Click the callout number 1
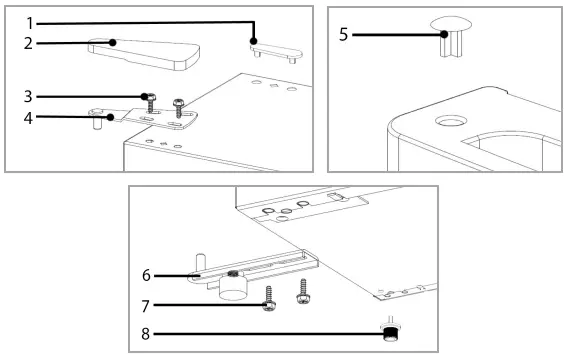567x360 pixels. click(30, 23)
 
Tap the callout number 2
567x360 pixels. click(28, 43)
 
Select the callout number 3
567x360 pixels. click(28, 97)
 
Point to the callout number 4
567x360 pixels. click(28, 118)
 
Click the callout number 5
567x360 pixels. click(344, 35)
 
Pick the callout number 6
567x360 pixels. click(146, 275)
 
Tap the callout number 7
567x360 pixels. click(145, 306)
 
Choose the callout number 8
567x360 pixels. click(145, 334)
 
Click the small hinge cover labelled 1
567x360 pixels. click(277, 52)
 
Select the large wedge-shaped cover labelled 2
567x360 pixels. click(145, 53)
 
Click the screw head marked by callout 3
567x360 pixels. click(149, 97)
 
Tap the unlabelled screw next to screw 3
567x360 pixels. click(179, 108)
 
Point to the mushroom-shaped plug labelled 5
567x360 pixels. click(451, 36)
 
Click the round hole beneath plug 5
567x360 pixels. click(451, 121)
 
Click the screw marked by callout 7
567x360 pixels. click(269, 299)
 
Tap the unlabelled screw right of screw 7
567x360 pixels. click(303, 291)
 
